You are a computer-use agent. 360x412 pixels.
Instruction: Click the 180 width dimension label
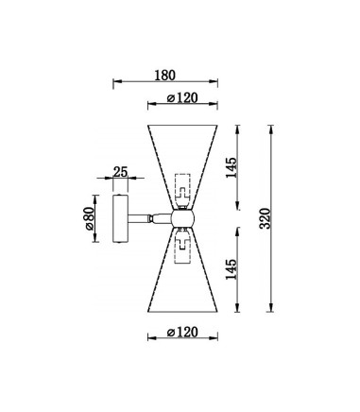[164, 76]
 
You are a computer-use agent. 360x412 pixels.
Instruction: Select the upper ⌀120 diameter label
[182, 98]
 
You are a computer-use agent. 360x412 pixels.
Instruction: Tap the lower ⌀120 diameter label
[182, 332]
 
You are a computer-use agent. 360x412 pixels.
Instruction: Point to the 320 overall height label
[266, 218]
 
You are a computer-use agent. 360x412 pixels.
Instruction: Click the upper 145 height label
[231, 167]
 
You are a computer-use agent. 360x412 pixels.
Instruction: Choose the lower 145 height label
[231, 269]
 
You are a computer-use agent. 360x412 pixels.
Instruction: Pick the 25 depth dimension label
[120, 172]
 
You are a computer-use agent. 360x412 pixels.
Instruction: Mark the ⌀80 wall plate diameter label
[89, 218]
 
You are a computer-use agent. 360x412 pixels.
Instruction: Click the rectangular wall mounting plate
[120, 218]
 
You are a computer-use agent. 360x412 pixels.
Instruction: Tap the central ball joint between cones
[182, 218]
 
